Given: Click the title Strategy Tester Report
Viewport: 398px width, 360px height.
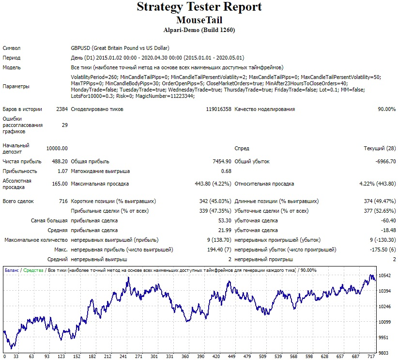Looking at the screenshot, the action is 199,7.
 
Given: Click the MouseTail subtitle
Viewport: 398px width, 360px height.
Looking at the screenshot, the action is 199,20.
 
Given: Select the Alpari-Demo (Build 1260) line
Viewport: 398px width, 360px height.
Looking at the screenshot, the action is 199,30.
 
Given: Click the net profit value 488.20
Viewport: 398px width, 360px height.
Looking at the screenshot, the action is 60,161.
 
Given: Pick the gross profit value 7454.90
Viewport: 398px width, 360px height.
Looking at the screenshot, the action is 222,161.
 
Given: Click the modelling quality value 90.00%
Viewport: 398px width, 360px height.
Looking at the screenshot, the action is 386,109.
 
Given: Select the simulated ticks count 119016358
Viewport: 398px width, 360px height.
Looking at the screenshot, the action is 218,109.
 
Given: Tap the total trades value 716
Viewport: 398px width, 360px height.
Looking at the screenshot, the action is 63,201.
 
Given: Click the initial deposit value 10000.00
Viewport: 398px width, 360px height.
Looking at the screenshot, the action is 57,148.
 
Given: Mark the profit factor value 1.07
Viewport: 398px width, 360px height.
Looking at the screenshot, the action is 62,171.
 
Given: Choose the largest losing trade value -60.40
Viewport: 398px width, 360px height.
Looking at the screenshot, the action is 388,220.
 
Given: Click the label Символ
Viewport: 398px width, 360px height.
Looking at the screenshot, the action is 12,48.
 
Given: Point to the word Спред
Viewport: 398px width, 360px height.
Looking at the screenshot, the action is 242,148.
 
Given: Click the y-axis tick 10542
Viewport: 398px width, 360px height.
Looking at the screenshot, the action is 384,275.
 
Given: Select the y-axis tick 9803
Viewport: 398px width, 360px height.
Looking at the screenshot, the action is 383,353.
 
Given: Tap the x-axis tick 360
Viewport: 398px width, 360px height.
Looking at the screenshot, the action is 185,357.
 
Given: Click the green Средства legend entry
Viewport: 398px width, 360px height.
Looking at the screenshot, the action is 33,270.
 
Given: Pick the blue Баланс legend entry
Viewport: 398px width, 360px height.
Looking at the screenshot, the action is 12,270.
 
